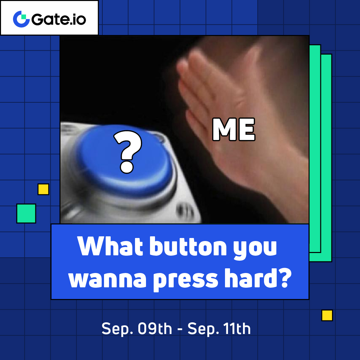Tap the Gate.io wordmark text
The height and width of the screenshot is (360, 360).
tap(59, 19)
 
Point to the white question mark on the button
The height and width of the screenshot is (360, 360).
tap(128, 152)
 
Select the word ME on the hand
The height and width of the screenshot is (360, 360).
tap(234, 129)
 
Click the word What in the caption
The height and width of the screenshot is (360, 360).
tap(110, 246)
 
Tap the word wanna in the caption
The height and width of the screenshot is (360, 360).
tap(107, 280)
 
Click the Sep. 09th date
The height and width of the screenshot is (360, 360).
tap(137, 329)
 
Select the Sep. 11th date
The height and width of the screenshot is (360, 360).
tap(219, 329)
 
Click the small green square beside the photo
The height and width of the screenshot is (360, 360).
tap(26, 213)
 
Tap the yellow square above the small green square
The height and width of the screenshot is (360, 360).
tap(43, 189)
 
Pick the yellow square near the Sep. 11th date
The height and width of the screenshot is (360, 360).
tap(327, 315)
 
